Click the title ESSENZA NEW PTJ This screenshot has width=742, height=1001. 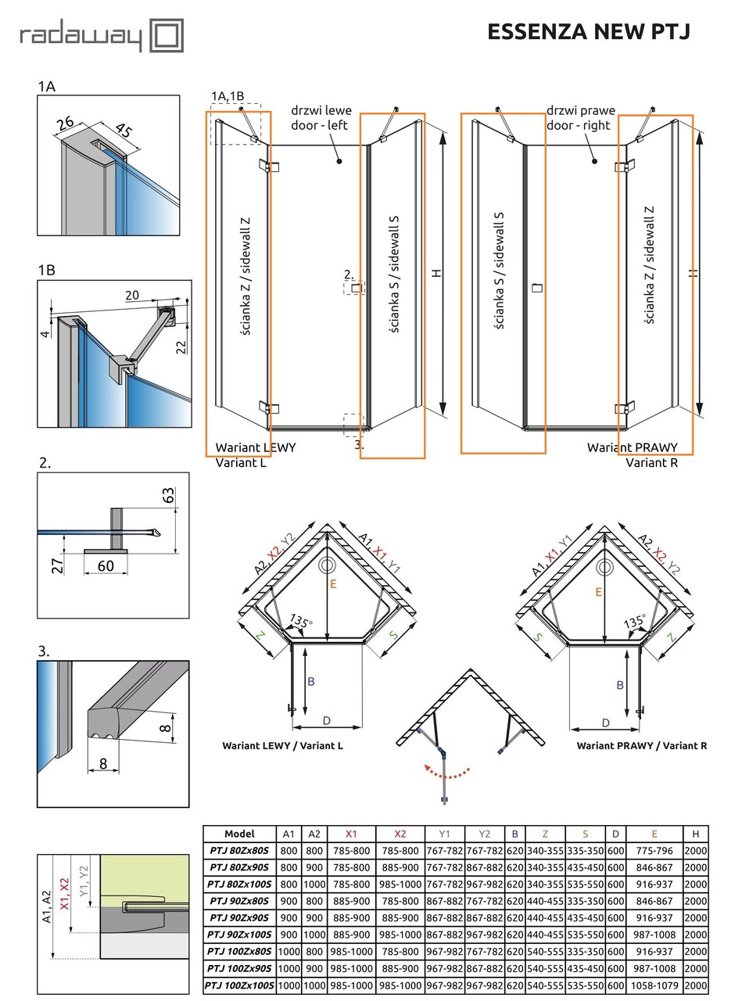[588, 31]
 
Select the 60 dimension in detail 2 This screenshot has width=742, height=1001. [106, 565]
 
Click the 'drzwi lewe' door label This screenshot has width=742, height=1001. [321, 111]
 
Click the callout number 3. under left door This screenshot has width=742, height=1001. [359, 444]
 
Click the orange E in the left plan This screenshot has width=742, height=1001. [333, 583]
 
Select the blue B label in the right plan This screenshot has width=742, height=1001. [620, 685]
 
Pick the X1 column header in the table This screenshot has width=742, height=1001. [351, 834]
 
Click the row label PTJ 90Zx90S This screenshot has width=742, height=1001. [239, 917]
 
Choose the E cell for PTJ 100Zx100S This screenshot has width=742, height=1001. [654, 986]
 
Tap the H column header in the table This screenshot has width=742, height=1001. [694, 834]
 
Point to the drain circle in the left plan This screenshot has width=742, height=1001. [328, 565]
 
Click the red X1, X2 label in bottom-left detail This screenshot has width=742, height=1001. [65, 893]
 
